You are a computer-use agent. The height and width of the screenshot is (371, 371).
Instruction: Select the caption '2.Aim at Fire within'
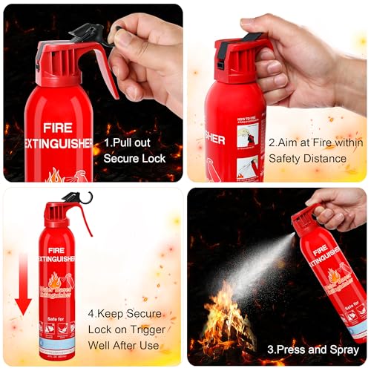[315, 140]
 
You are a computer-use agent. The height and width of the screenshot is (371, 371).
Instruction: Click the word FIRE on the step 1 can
[57, 127]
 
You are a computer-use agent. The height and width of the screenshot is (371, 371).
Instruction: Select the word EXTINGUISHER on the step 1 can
[58, 143]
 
